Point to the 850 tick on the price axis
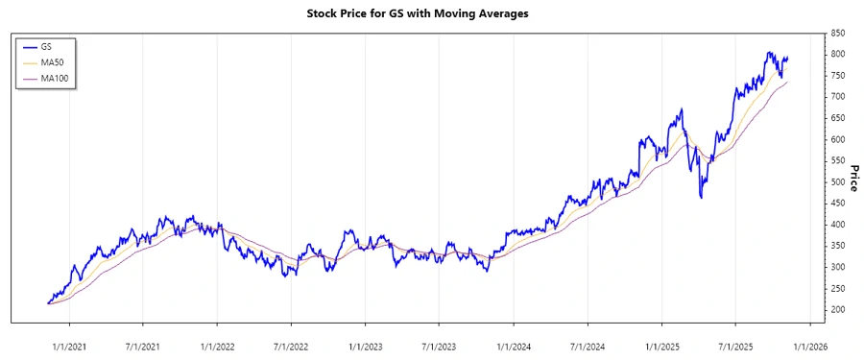tap(838, 34)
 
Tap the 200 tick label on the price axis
tap(838, 309)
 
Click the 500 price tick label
tap(838, 181)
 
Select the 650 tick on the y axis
tap(838, 118)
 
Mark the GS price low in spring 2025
tap(702, 198)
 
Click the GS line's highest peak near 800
tap(769, 53)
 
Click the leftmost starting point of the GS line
tap(47, 303)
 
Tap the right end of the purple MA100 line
tap(787, 83)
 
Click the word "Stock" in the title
tap(323, 14)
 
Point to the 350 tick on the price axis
tap(838, 246)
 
